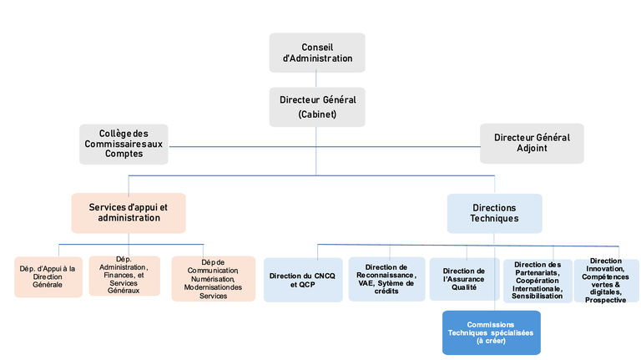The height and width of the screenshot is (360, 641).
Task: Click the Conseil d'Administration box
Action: [316, 53]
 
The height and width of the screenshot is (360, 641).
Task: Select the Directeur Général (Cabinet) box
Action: [316, 107]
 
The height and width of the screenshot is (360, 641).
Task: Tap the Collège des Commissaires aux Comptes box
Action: [124, 144]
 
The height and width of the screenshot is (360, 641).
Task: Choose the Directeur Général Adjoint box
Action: [532, 144]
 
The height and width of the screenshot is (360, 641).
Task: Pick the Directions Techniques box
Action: [494, 213]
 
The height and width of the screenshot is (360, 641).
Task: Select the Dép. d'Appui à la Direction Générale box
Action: [48, 277]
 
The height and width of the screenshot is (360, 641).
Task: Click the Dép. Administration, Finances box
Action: [124, 276]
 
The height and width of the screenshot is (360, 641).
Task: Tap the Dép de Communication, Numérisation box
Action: [213, 278]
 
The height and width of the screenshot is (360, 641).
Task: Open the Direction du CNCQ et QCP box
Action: [303, 279]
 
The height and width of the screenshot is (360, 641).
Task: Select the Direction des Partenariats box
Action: [538, 280]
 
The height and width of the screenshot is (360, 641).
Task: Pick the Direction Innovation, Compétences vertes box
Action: [605, 280]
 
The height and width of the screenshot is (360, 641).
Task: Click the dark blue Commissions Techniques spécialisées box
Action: [491, 332]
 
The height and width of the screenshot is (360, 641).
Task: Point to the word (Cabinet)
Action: [316, 115]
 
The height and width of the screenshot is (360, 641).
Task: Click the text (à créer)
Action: [491, 342]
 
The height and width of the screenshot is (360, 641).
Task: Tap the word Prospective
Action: [605, 300]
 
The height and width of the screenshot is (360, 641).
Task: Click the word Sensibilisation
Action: [538, 296]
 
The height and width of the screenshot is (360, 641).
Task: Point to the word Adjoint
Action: [532, 150]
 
